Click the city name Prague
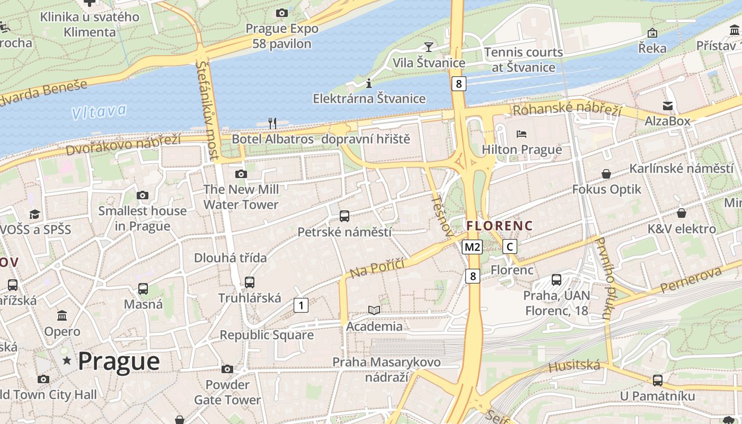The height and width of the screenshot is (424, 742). (119, 361)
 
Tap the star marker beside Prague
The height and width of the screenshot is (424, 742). (67, 361)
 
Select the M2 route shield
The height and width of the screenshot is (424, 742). (472, 246)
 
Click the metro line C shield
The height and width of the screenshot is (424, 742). (509, 246)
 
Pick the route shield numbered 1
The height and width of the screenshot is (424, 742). (301, 305)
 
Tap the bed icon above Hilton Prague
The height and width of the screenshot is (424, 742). (522, 134)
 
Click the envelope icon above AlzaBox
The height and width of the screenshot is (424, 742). (668, 106)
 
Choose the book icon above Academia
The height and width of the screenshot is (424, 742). (374, 311)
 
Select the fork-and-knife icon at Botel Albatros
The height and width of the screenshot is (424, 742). (272, 123)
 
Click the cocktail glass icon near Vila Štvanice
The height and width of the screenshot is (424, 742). (429, 47)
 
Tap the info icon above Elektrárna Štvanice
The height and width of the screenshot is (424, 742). (369, 83)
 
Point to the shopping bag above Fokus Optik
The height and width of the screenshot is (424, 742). (606, 174)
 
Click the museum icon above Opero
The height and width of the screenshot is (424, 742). (62, 316)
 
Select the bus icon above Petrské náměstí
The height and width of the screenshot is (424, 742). (344, 216)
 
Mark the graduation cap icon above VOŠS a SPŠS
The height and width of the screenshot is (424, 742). (35, 214)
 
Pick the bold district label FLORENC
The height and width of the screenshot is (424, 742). (499, 226)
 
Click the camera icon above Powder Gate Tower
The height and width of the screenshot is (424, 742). (227, 369)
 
